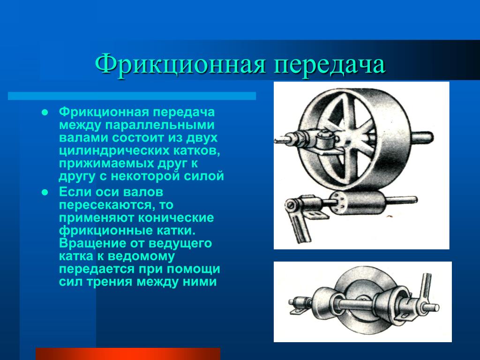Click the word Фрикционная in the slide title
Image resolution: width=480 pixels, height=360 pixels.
click(180, 65)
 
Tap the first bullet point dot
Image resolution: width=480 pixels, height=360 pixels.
click(45, 112)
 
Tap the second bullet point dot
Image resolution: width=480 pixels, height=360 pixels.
click(45, 193)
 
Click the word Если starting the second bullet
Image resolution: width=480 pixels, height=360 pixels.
click(75, 192)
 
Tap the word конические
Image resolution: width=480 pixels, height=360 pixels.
click(176, 218)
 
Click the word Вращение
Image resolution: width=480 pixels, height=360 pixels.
click(92, 244)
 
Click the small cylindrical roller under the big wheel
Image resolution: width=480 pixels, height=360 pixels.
click(358, 202)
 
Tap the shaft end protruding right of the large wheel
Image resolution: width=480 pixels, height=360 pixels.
click(422, 137)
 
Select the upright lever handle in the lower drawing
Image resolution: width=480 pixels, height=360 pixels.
click(425, 288)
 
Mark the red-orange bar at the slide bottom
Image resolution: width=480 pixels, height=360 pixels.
click(128, 354)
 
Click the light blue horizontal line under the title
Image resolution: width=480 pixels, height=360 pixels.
click(132, 96)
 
